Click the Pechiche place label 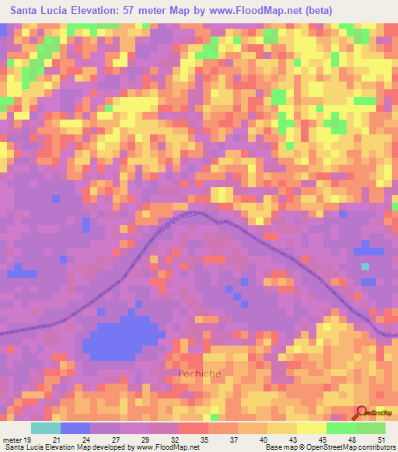pyautogui.click(x=200, y=374)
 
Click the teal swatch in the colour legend pyautogui.click(x=46, y=428)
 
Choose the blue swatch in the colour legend pyautogui.click(x=75, y=428)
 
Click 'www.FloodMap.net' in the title pyautogui.click(x=246, y=10)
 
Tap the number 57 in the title pyautogui.click(x=130, y=10)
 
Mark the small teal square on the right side pyautogui.click(x=365, y=266)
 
